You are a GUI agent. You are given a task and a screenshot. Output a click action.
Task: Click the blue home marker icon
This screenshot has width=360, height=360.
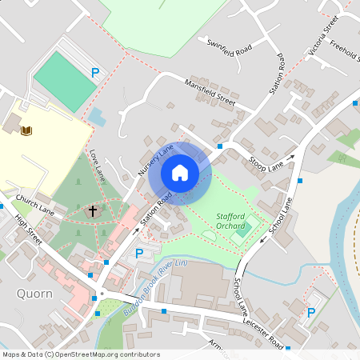click(180, 173)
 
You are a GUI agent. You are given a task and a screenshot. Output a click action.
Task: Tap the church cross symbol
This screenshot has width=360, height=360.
click(93, 211)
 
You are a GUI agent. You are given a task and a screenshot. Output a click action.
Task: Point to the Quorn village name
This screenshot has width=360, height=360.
click(34, 294)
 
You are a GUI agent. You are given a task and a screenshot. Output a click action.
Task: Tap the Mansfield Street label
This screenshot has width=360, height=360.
click(210, 92)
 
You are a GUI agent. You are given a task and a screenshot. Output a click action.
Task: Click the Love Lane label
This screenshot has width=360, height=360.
click(98, 163)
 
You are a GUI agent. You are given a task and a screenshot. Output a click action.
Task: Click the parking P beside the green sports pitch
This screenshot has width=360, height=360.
click(95, 73)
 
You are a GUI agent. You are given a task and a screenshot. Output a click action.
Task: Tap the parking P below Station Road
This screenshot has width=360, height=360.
click(139, 254)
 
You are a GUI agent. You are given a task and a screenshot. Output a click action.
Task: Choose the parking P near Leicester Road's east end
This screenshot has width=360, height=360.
click(311, 313)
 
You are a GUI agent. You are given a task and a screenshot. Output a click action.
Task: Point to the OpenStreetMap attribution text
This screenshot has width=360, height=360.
click(80, 354)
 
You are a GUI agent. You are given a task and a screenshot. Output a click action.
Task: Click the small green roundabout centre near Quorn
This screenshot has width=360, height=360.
click(102, 293)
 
